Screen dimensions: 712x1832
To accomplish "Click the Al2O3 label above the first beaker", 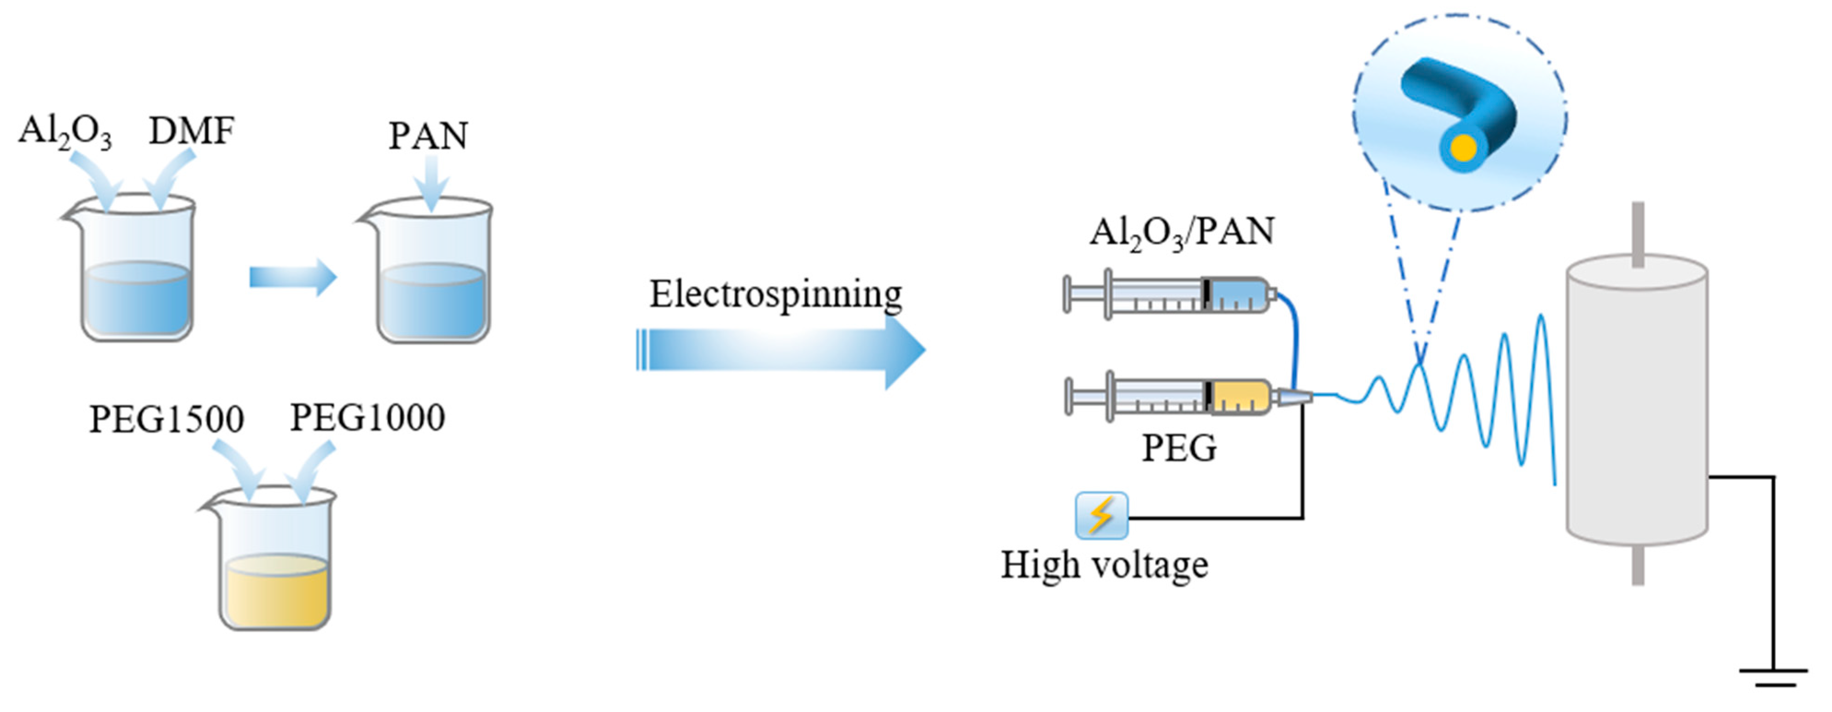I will point(65,132).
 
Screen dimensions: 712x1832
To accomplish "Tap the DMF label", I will point(192,131).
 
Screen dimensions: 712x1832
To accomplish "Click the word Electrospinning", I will point(775,294).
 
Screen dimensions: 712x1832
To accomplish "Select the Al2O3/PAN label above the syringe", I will point(1182,232).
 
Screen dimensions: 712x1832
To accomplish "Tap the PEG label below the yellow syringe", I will point(1179,448).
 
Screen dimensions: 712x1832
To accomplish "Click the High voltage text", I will point(1105,566).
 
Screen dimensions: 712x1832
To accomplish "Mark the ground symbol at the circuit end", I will point(1774,676).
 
